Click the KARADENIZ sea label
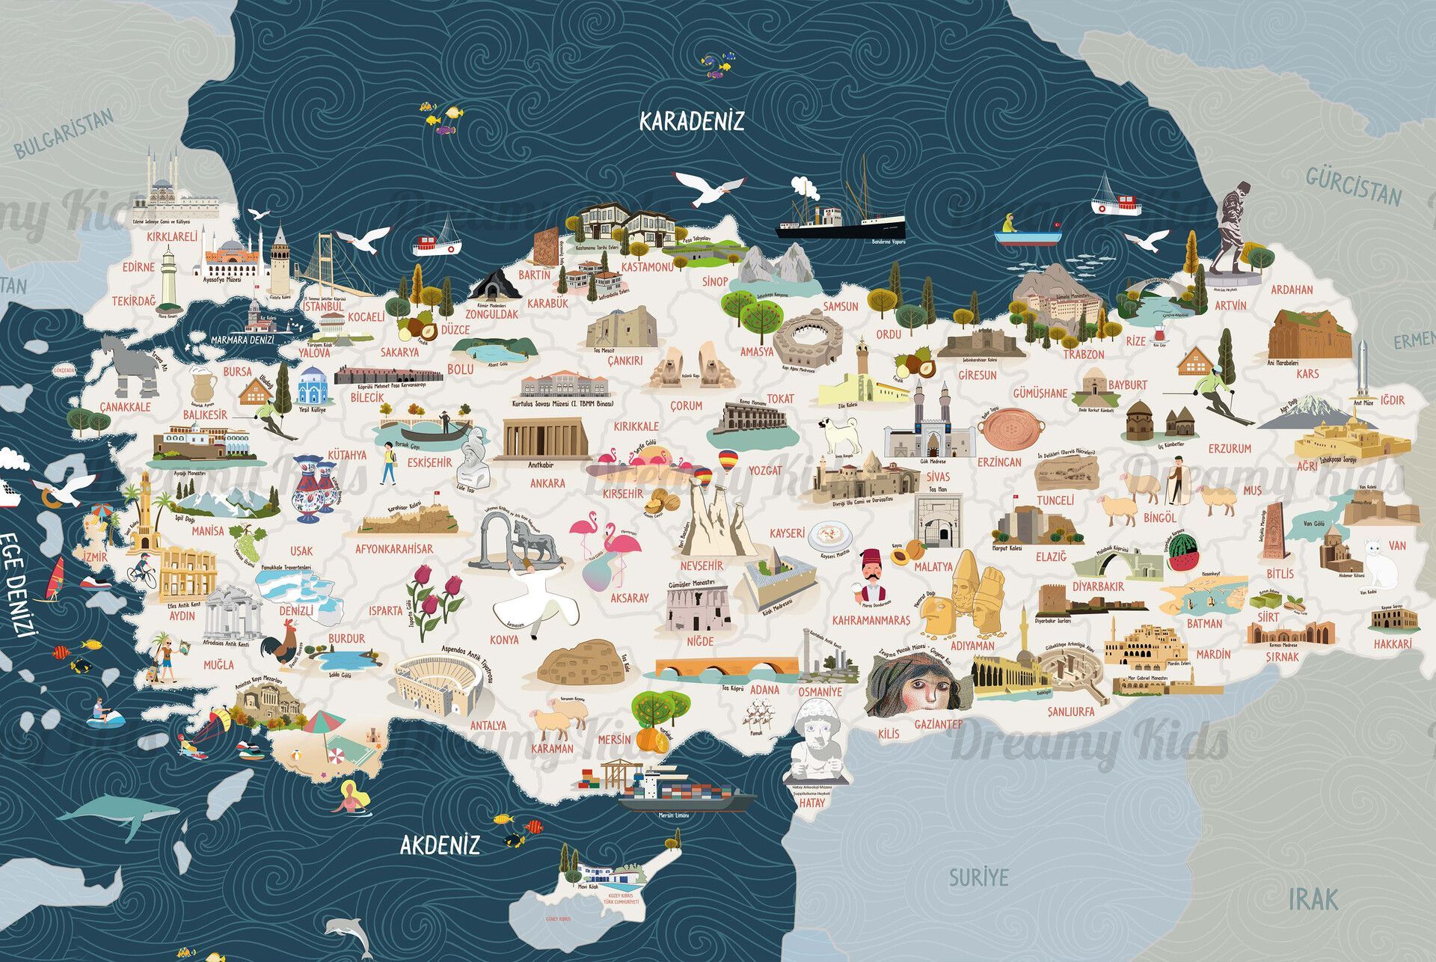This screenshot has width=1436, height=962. click(692, 121)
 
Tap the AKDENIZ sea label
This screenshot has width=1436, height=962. click(440, 845)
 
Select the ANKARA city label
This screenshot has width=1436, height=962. click(547, 483)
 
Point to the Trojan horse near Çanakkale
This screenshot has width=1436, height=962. click(129, 365)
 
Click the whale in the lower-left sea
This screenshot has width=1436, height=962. click(120, 811)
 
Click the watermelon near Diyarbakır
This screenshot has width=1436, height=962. click(1184, 554)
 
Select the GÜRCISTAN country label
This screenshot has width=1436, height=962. click(1354, 186)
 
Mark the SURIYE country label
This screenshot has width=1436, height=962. click(978, 877)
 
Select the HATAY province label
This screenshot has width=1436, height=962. click(812, 803)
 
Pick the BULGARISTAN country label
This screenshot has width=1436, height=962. click(64, 133)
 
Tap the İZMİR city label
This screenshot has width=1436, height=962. click(95, 557)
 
